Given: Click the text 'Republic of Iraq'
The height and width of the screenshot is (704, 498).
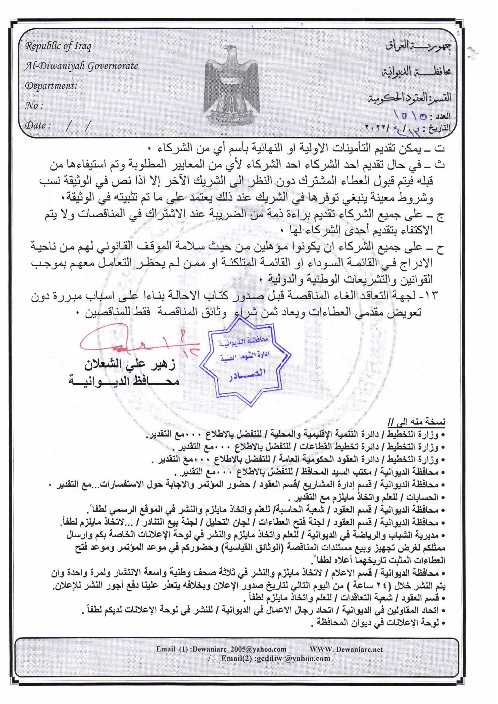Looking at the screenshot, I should click(x=58, y=46).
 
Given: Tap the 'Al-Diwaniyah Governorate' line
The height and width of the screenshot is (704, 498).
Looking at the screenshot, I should click(x=81, y=66).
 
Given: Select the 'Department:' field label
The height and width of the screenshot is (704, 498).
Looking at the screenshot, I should click(x=51, y=86).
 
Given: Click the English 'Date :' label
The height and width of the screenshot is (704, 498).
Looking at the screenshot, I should click(x=38, y=125).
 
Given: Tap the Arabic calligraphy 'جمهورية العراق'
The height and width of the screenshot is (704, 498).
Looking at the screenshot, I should click(x=418, y=46).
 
